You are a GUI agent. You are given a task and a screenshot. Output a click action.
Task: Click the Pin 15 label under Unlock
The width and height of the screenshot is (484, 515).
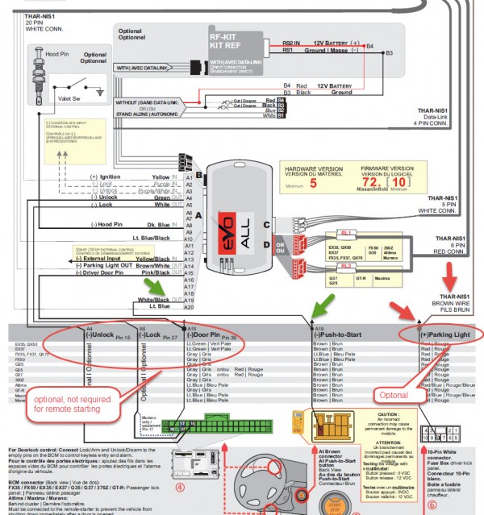pos(123,336)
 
